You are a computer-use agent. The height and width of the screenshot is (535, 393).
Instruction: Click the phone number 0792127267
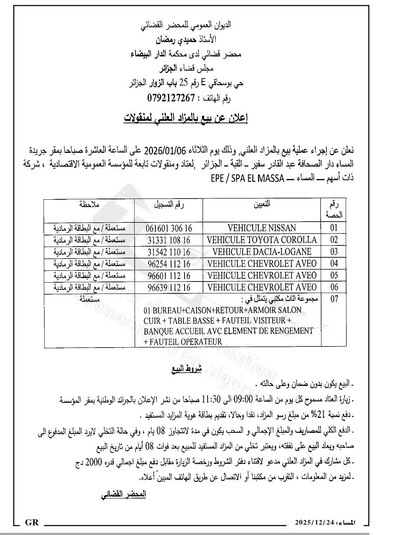171,98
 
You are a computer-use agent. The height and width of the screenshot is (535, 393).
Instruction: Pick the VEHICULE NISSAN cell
261,228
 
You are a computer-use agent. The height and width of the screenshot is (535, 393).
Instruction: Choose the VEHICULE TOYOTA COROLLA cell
261,240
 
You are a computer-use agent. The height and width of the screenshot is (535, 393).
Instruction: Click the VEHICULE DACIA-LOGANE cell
261,252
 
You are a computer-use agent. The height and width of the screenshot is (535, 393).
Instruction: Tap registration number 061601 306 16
168,228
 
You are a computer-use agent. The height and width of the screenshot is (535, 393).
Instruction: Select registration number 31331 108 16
169,240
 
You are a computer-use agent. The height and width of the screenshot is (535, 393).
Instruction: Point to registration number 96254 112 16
169,264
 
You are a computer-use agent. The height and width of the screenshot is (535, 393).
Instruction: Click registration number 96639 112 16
169,288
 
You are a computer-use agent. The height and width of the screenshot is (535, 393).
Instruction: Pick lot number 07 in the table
334,299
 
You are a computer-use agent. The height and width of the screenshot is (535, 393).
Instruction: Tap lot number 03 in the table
334,252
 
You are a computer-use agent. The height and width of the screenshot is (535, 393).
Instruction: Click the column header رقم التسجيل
169,205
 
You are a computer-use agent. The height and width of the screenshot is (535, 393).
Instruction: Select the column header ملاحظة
89,204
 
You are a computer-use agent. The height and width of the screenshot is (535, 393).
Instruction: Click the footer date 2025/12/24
315,523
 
